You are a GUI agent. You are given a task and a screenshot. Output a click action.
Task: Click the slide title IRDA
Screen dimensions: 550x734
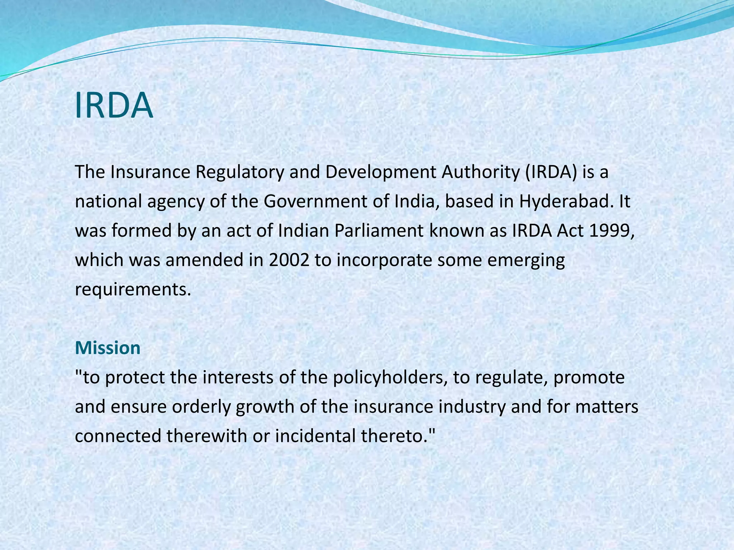coord(114,106)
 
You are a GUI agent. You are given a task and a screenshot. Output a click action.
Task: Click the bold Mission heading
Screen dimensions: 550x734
coord(108,348)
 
